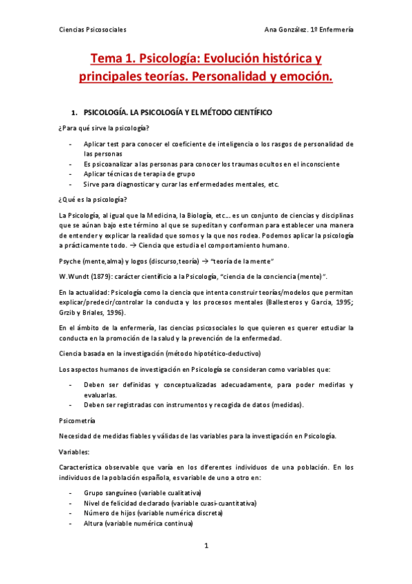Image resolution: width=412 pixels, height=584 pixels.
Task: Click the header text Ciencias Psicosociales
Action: coord(92,30)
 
